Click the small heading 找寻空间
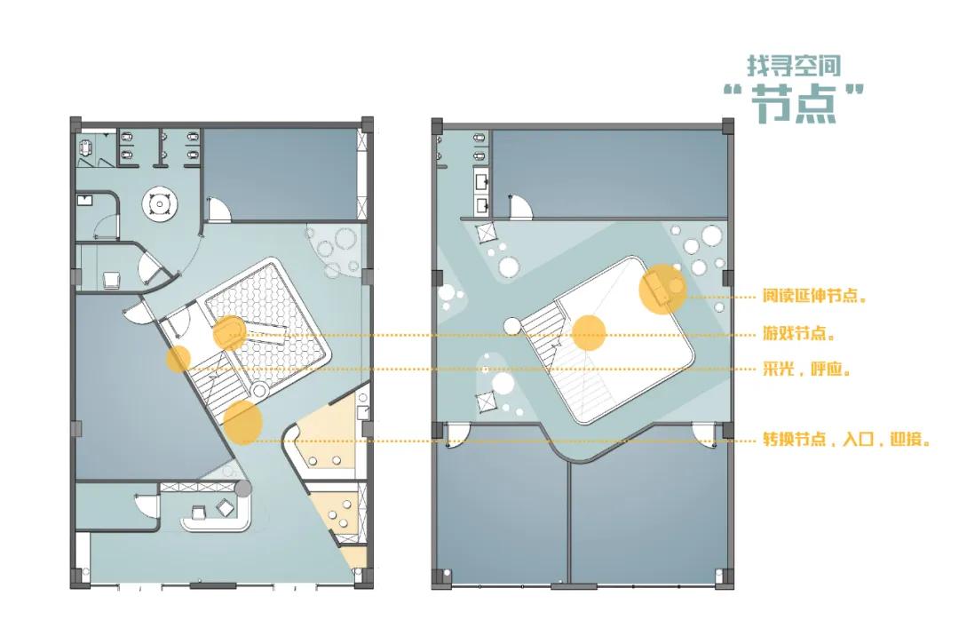(x=793, y=66)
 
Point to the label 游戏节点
(x=798, y=333)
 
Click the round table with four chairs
(x=160, y=203)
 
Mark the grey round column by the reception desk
(x=243, y=488)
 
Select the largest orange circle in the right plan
(x=662, y=289)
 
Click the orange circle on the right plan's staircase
(x=589, y=333)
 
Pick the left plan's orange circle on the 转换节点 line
(x=242, y=422)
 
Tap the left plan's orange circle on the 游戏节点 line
(x=229, y=333)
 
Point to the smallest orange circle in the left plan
(x=178, y=359)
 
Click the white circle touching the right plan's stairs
(x=512, y=326)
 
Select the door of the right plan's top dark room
(x=522, y=207)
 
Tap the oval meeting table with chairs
(x=84, y=148)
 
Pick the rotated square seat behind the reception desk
(x=225, y=507)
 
